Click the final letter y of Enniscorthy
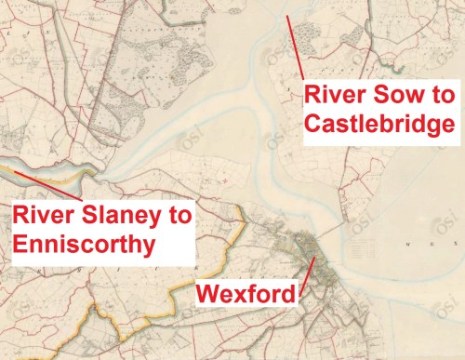pyautogui.click(x=153, y=247)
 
